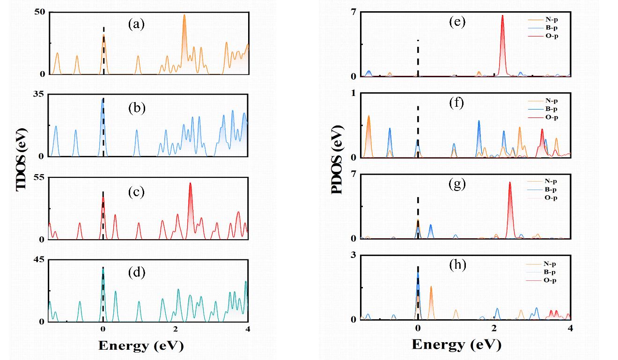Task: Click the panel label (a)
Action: (x=137, y=25)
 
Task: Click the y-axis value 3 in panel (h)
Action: (x=353, y=255)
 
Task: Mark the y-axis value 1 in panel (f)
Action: (x=353, y=93)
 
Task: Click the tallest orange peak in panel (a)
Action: (x=184, y=15)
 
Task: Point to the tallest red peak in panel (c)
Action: (x=190, y=184)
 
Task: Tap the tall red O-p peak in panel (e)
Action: (x=502, y=16)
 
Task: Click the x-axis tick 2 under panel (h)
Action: (x=494, y=329)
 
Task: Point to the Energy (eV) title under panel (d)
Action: (x=140, y=346)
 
